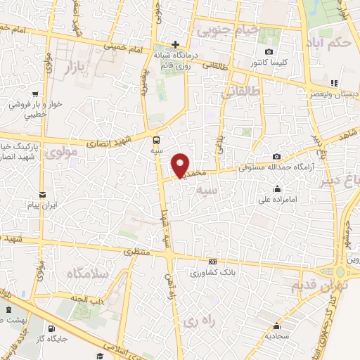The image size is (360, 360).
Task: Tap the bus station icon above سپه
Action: point(156,139)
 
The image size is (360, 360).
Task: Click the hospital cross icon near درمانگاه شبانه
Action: point(175,44)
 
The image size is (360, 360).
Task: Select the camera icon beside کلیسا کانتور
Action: point(269,52)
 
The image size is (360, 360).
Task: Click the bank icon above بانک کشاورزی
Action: point(212,262)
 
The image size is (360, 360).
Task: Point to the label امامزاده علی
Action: point(279,199)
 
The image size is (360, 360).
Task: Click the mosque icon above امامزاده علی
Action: point(278,188)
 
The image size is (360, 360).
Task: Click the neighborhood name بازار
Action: point(79,67)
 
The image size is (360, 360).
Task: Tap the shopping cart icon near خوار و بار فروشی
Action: point(34,92)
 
